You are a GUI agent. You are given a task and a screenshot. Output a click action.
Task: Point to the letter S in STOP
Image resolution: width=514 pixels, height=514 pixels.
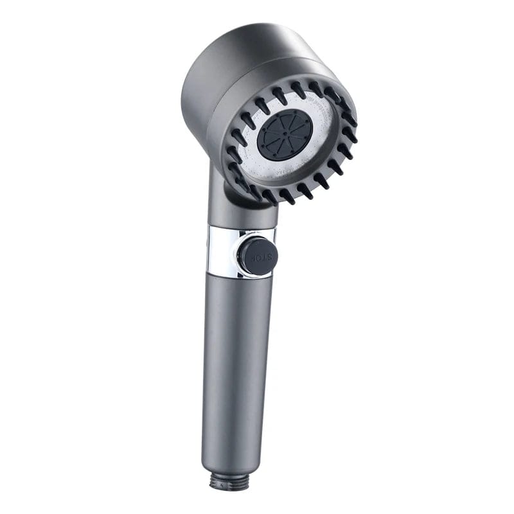[268, 257]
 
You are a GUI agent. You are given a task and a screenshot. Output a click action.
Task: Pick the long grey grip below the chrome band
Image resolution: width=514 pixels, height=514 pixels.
[231, 360]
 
